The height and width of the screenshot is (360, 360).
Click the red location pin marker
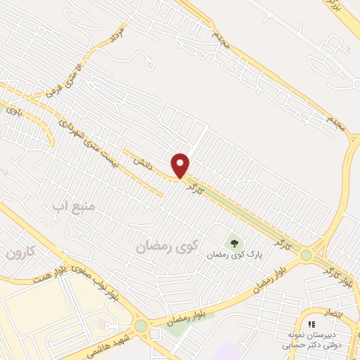pos(181,165)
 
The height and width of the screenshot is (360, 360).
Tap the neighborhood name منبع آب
pos(78,208)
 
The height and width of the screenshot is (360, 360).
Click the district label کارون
pos(21,251)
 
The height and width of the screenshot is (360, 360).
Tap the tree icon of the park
pos(235,243)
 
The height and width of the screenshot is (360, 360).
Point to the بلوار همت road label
pos(51,276)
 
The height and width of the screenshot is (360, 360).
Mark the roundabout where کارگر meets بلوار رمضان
pos(307,255)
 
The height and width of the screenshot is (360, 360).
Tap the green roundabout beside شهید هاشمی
pos(141,326)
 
